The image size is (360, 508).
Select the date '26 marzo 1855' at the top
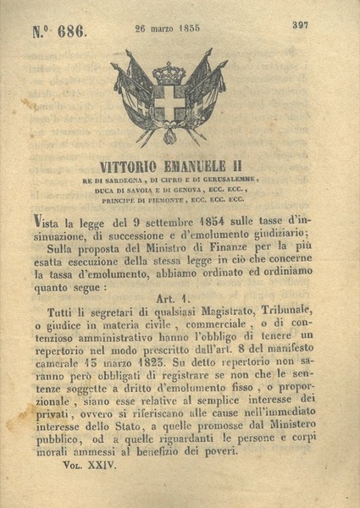coord(167,26)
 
